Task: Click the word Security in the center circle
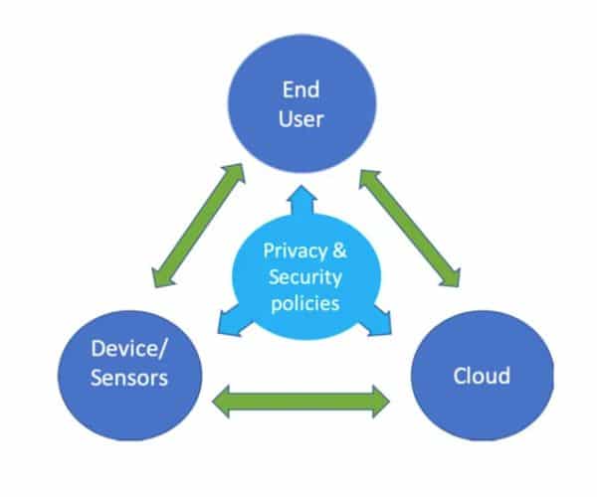tap(303, 274)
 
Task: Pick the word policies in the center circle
tap(303, 300)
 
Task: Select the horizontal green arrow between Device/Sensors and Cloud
tap(301, 401)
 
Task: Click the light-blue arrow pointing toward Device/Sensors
tap(230, 320)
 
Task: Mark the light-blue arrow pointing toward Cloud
tap(377, 320)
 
